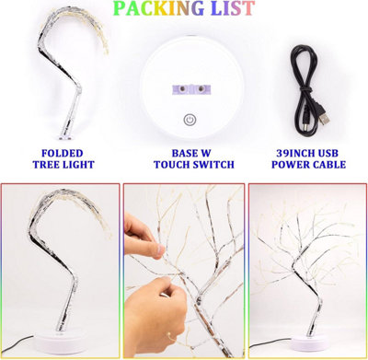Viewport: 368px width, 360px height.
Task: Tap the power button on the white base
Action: pos(190,120)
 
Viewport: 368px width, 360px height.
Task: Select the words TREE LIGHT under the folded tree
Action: pos(61,167)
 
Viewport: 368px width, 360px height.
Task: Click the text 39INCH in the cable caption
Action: pos(288,153)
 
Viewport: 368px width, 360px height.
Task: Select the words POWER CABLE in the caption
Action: pos(310,167)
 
